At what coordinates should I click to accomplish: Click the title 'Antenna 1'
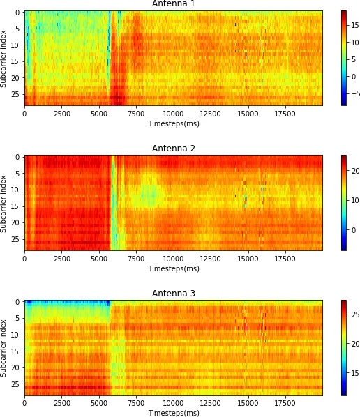(173, 4)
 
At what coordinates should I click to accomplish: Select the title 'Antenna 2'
(173, 149)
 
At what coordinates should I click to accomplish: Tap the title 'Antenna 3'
(173, 294)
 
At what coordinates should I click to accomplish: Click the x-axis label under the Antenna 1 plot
(173, 123)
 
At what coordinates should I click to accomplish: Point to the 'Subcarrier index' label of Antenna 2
(4, 203)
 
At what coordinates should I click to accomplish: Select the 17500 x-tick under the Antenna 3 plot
(285, 404)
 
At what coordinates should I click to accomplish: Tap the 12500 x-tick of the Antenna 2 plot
(211, 259)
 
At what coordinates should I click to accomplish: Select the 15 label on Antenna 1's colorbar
(354, 24)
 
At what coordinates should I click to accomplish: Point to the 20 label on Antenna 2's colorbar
(354, 170)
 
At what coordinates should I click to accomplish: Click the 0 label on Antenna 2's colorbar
(352, 230)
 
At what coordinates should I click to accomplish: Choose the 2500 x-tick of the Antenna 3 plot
(61, 404)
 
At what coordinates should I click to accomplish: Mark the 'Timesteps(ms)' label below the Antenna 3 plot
(173, 413)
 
